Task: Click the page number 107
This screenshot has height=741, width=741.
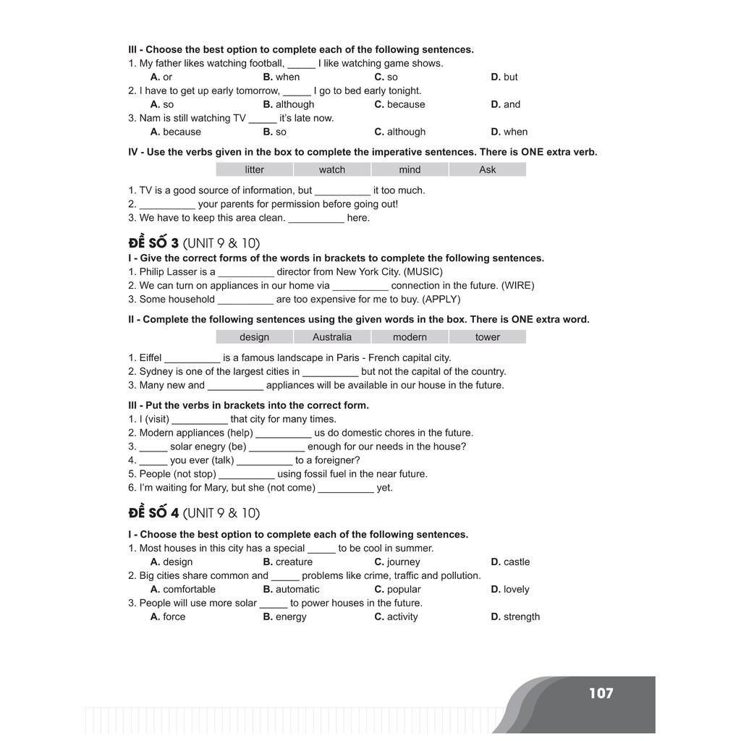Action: click(601, 693)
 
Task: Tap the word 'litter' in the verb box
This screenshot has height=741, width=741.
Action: click(255, 169)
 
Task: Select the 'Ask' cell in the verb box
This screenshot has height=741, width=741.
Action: click(488, 169)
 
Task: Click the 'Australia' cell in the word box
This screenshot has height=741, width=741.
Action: click(332, 337)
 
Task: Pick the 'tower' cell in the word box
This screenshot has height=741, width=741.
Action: click(488, 337)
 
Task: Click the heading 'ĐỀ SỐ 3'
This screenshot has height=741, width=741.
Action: click(153, 242)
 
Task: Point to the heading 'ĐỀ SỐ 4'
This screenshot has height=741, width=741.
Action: click(153, 513)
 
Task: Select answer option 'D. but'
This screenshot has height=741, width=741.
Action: click(504, 77)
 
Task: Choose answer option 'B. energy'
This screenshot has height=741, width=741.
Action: click(285, 617)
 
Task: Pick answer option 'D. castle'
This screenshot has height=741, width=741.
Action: click(510, 562)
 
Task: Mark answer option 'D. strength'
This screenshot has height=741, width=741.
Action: click(515, 617)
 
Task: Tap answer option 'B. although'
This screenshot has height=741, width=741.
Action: click(289, 105)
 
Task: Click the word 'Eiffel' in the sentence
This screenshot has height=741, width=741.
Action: click(151, 357)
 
